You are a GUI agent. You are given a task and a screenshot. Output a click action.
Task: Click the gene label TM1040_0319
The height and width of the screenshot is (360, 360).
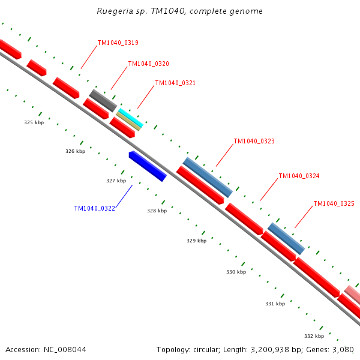tap(118, 43)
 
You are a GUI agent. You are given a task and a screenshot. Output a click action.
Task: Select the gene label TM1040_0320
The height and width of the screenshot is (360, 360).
tap(149, 64)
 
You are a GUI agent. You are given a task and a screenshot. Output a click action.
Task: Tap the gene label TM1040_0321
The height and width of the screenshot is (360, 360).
tap(175, 83)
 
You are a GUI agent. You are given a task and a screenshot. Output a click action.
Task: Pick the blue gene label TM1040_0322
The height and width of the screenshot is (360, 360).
tap(95, 208)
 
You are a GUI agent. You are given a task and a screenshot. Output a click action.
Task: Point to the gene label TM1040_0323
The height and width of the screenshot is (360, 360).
tap(254, 141)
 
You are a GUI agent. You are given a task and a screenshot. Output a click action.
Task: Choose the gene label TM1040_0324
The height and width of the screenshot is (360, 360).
tap(299, 176)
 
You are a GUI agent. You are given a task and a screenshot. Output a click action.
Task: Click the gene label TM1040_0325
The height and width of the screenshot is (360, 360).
tap(334, 203)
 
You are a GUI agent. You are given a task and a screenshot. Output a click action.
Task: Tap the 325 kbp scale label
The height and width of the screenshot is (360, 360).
tap(34, 122)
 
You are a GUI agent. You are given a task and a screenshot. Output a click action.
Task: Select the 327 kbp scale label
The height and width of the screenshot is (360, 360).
tap(116, 181)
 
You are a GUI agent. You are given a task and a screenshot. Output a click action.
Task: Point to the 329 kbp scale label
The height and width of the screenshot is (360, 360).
tap(197, 241)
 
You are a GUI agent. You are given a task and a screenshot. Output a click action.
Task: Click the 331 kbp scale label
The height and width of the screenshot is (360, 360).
tap(275, 304)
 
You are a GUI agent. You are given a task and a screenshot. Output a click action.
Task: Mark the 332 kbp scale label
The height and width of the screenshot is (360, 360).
tap(314, 336)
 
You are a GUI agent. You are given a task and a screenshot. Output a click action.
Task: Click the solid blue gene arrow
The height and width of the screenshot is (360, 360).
tap(148, 166)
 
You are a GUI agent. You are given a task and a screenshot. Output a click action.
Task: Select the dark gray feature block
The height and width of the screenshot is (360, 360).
tap(103, 101)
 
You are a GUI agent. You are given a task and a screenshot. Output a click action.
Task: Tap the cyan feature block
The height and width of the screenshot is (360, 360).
tap(131, 118)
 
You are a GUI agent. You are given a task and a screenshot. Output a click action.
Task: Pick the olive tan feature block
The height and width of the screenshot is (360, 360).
tap(128, 121)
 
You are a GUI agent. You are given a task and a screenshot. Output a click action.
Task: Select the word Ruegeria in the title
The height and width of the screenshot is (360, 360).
tap(115, 11)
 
